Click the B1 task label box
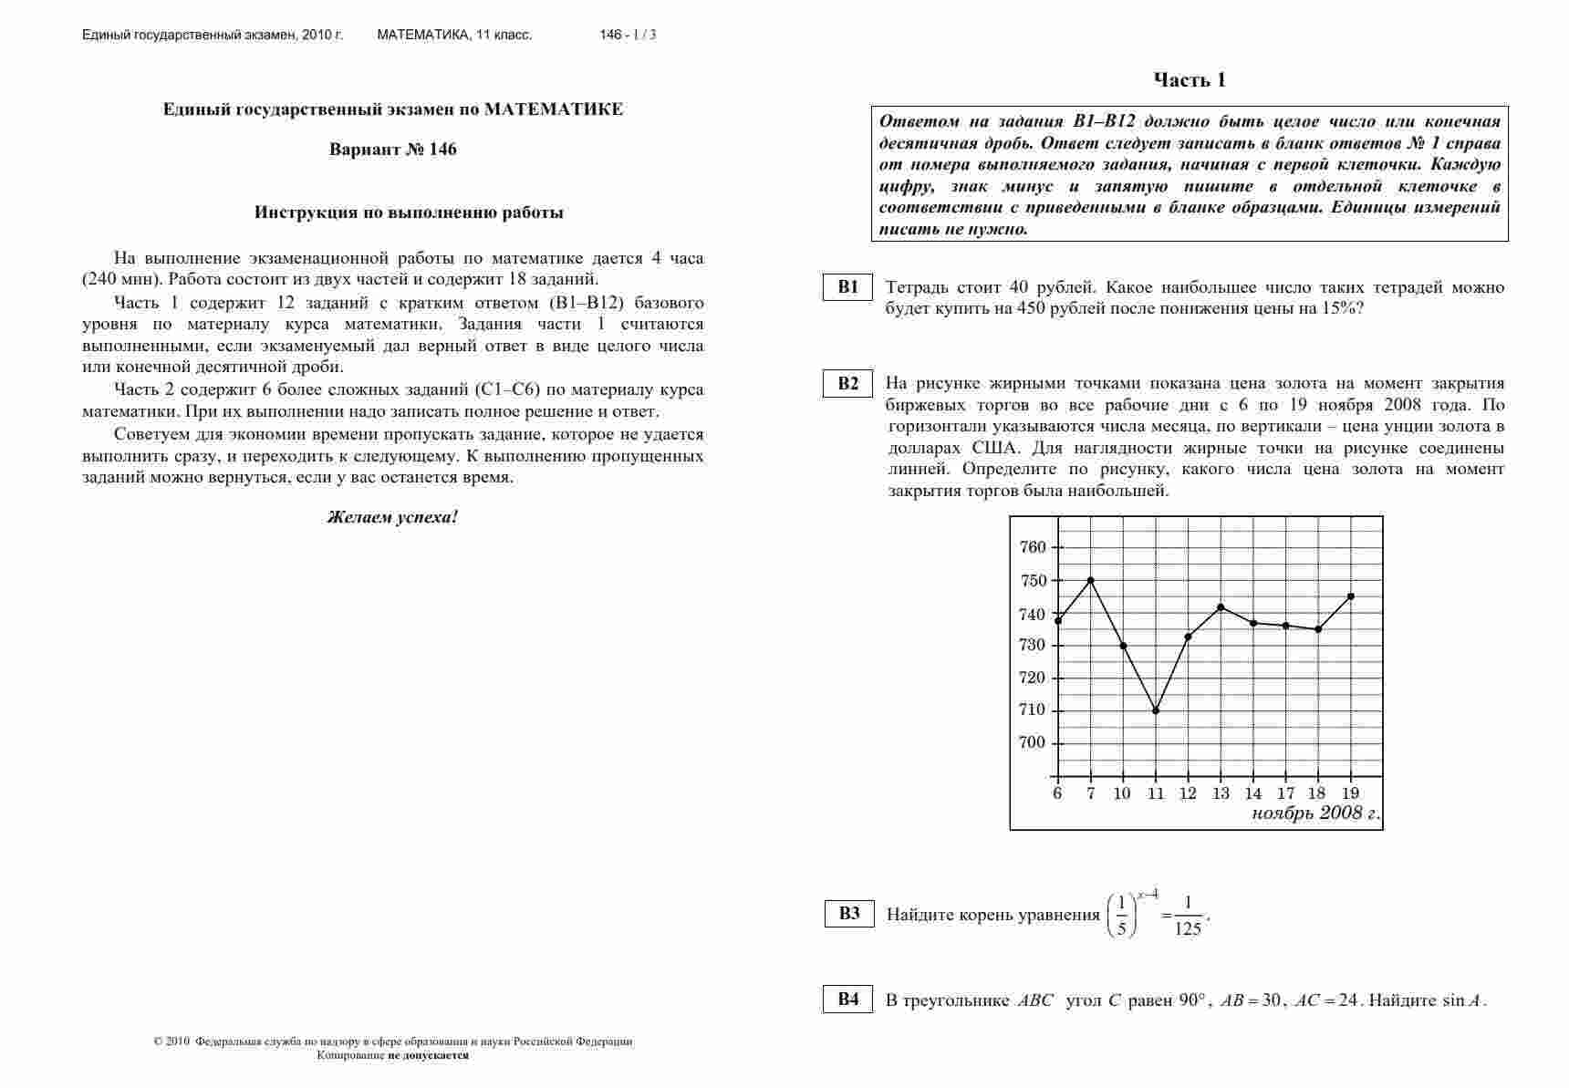pyautogui.click(x=848, y=287)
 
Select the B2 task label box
pyautogui.click(x=848, y=383)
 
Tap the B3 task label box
pyautogui.click(x=849, y=914)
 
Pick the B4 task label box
pyautogui.click(x=848, y=1000)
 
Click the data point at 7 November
pyautogui.click(x=1091, y=580)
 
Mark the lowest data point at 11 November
pyautogui.click(x=1156, y=710)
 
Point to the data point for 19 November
pyautogui.click(x=1351, y=596)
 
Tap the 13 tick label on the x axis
pyautogui.click(x=1221, y=793)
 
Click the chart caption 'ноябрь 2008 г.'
pyautogui.click(x=1314, y=813)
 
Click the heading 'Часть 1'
pyautogui.click(x=1190, y=80)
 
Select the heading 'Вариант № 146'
pyautogui.click(x=392, y=150)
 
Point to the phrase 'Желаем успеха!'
pyautogui.click(x=392, y=517)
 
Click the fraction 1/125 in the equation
pyautogui.click(x=1188, y=917)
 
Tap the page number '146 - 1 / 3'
pyautogui.click(x=628, y=36)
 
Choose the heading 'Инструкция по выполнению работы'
pyautogui.click(x=409, y=212)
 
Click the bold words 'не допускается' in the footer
pyautogui.click(x=428, y=1055)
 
